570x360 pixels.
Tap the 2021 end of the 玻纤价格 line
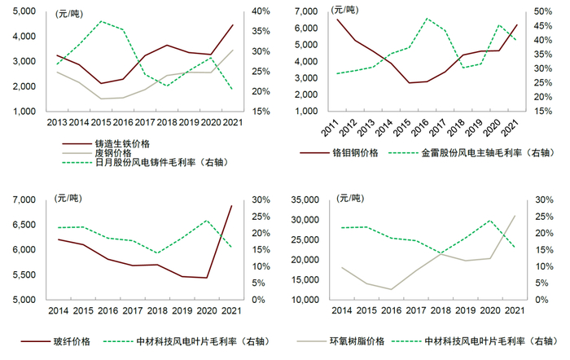[x=231, y=205]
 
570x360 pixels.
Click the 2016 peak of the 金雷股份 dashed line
[x=427, y=18]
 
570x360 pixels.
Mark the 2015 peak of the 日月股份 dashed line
[x=101, y=21]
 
